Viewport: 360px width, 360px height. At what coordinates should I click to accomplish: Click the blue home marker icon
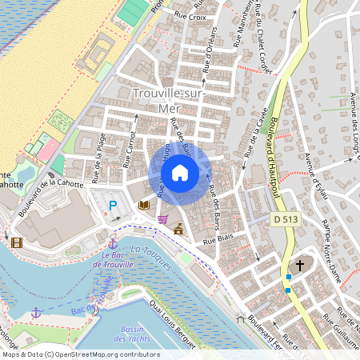(180, 173)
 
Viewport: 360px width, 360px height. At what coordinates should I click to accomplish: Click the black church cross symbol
(300, 265)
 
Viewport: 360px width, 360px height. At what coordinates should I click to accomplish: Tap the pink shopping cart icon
(162, 219)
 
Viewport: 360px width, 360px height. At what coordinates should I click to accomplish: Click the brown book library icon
(144, 206)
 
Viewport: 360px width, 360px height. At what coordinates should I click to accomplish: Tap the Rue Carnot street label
(130, 148)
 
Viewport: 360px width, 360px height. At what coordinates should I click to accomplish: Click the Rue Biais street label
(218, 238)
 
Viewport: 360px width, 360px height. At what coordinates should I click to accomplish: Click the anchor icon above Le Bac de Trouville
(113, 242)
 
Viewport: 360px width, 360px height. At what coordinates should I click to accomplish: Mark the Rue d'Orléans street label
(209, 57)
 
